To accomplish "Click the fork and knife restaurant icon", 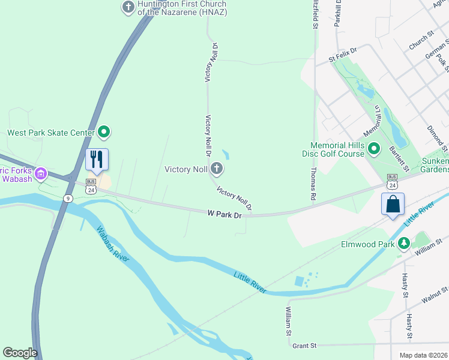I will click(97, 160).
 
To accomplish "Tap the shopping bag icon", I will click(393, 204).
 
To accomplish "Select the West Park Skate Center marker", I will click(104, 131).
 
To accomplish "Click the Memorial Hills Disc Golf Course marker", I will click(374, 148).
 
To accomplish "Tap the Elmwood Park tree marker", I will click(405, 244).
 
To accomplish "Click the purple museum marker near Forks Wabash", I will click(41, 173).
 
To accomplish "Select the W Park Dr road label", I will click(224, 214).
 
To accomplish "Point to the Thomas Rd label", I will click(313, 184).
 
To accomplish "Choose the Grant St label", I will click(304, 346).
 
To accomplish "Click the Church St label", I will click(421, 42).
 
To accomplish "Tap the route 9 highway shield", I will click(69, 198).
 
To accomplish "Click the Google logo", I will click(20, 353).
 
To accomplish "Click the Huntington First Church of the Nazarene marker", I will click(128, 8).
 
